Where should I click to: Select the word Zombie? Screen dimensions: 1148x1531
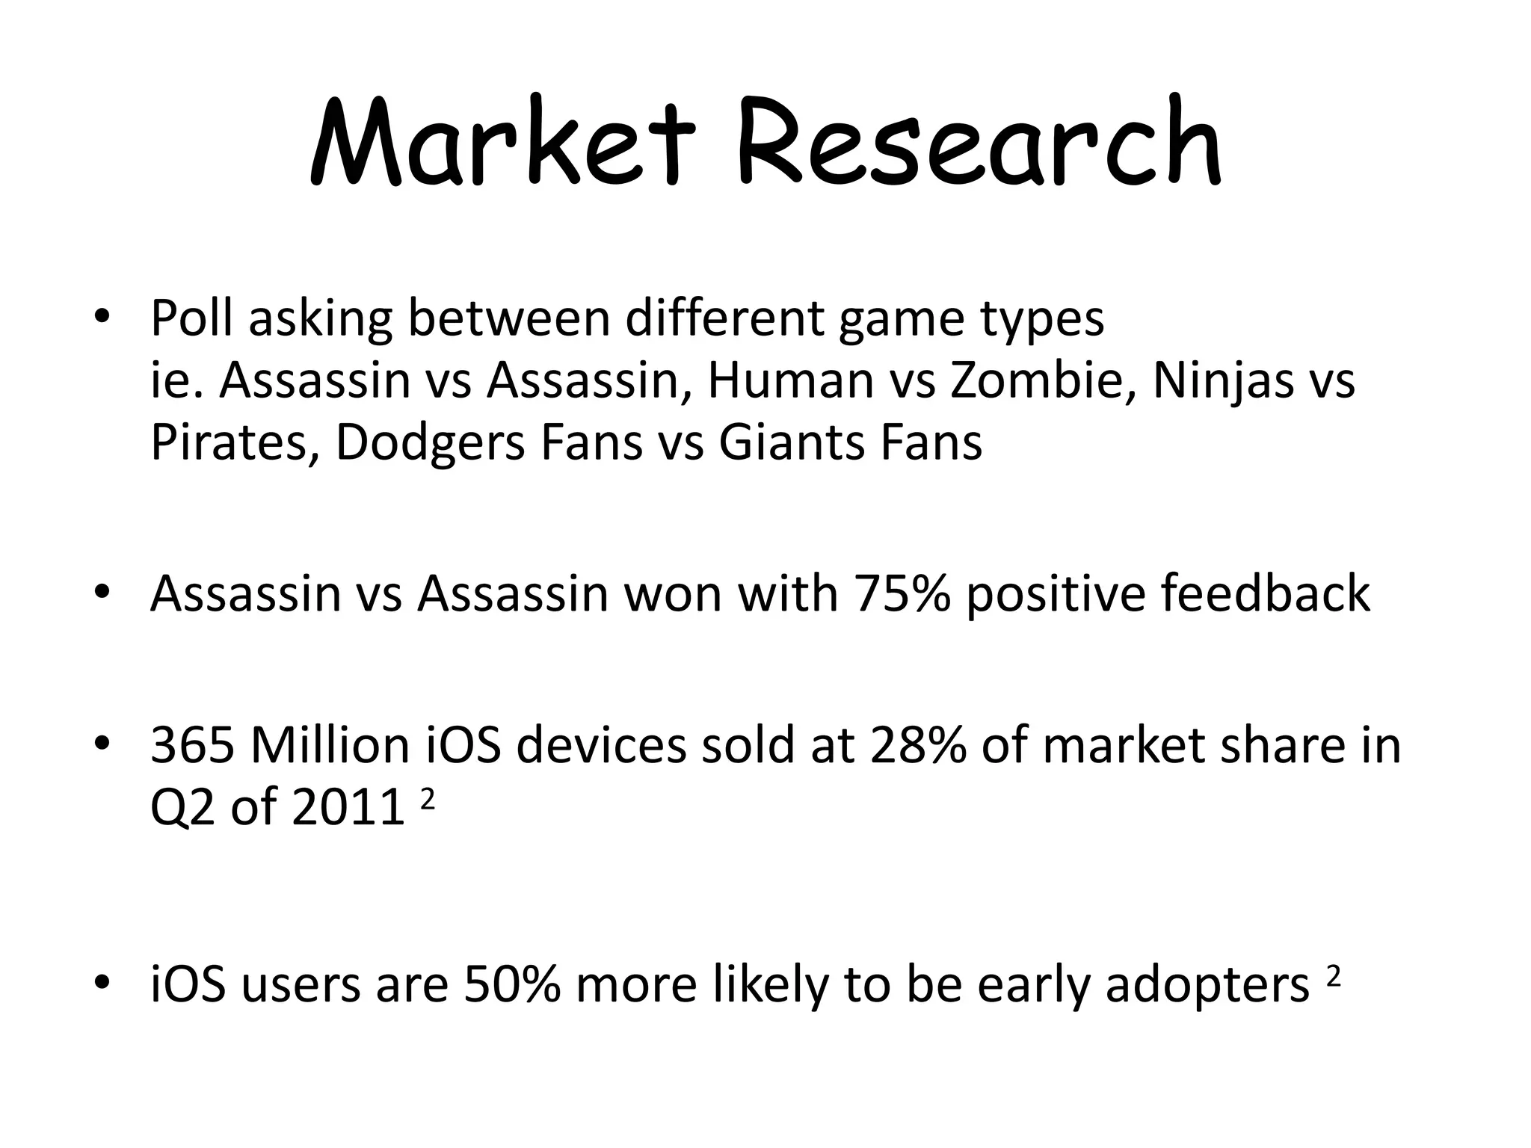[1043, 380]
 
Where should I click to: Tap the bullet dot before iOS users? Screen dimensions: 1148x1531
[102, 983]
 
